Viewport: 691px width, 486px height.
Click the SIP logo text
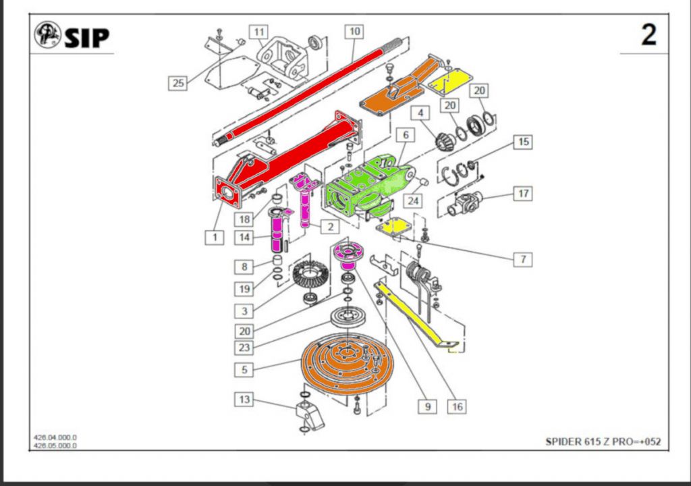[86, 37]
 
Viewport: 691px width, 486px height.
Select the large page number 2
[648, 34]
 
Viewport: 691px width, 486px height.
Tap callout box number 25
[177, 83]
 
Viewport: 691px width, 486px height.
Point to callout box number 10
[354, 31]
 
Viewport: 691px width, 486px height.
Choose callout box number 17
[522, 194]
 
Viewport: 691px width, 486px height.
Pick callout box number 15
[522, 142]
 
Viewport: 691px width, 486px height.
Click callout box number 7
[522, 259]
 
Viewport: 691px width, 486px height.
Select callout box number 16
[457, 406]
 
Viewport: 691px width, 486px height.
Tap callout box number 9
[426, 406]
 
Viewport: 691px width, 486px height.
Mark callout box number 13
[244, 400]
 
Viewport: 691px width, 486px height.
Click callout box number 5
[244, 370]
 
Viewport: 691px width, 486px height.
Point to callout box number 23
[244, 349]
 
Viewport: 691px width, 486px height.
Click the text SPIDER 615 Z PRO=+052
[603, 442]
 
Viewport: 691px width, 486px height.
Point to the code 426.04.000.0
[55, 437]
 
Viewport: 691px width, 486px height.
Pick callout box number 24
[413, 200]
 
